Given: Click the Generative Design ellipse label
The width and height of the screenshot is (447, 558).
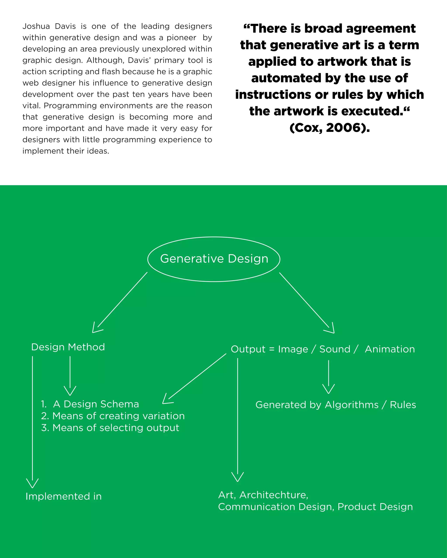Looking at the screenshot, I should pos(214,259).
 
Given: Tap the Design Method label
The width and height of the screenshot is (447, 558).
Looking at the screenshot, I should pos(68,347).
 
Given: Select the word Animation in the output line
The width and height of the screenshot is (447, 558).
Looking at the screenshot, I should pos(390,349).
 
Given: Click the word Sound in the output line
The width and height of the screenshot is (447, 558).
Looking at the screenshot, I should pos(335,349).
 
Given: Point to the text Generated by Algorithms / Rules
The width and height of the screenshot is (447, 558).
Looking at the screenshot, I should pos(335,405).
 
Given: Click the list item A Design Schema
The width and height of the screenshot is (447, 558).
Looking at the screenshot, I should pos(96,404).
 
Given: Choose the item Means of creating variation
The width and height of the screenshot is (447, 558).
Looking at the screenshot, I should pos(119,416).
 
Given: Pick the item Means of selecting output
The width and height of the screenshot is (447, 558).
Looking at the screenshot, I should pos(116,428).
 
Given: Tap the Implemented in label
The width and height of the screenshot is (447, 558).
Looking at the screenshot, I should pos(64,496).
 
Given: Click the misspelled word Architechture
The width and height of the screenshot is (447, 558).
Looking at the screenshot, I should pos(274,495).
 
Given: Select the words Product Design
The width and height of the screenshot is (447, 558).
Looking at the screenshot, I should pos(375,507).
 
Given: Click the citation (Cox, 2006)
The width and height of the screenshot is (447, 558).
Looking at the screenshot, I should pos(330,128).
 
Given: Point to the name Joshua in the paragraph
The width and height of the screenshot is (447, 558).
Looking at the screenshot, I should pos(36,26).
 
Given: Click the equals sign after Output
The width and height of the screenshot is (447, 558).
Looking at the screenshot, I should pos(272,349).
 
